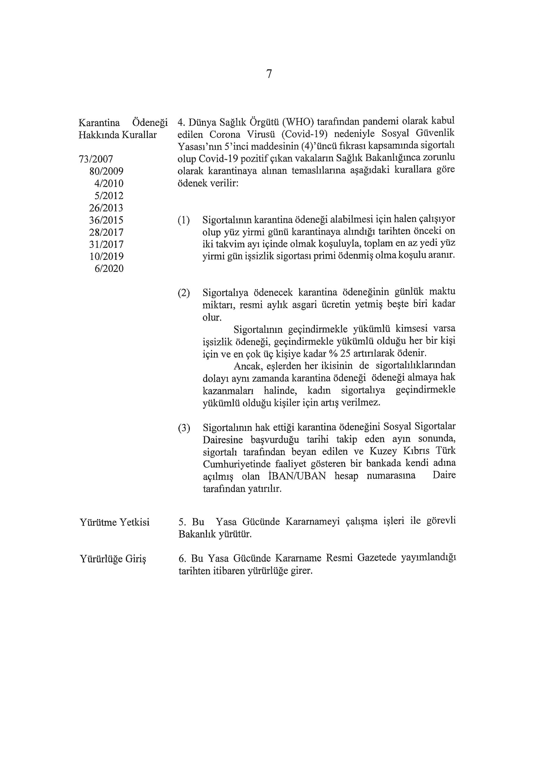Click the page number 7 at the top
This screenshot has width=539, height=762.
269,74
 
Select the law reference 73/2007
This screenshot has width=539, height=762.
96,160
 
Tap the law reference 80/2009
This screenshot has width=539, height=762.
106,171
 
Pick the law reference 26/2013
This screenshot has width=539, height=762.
106,208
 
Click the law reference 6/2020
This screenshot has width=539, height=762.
109,268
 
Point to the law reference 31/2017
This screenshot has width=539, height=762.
106,245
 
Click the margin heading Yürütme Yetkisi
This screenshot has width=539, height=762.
115,523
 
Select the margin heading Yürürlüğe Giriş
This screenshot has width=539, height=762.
113,559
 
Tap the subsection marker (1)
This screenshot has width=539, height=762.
184,220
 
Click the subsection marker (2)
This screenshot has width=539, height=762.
184,293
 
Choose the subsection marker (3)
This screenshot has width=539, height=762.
184,428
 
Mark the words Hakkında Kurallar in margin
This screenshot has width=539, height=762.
118,135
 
